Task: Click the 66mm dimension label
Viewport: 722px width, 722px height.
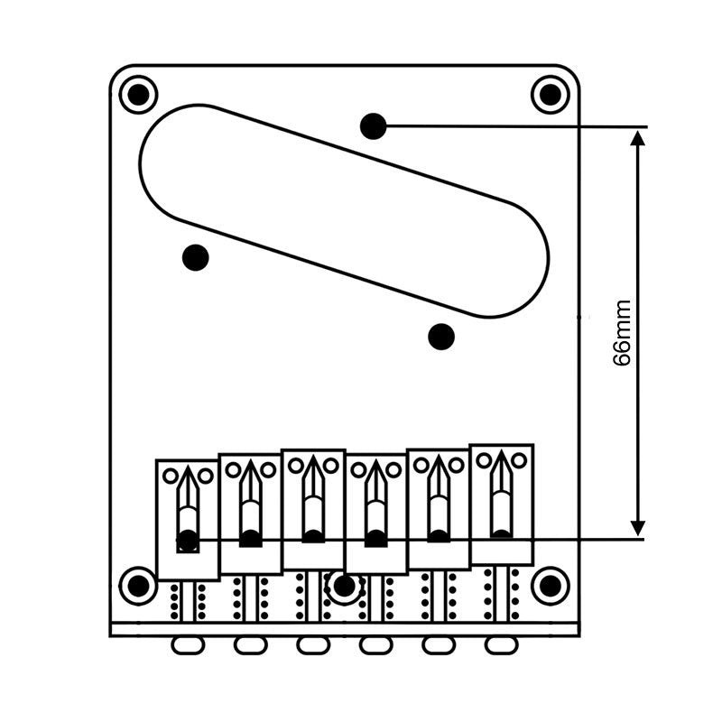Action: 623,333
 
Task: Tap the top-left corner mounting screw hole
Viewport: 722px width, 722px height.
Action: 138,94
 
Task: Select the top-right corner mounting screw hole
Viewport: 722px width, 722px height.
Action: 550,94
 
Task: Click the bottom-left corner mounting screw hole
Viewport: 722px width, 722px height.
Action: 138,586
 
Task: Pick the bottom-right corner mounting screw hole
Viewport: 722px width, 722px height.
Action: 550,586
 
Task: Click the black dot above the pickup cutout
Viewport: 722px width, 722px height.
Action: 373,126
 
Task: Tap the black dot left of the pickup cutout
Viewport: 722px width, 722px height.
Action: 195,258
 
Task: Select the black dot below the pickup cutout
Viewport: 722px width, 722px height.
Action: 440,337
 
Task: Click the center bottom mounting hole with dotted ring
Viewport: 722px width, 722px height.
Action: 344,587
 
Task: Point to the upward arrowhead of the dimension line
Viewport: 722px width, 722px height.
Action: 638,138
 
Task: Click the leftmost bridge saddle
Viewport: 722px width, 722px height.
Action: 188,519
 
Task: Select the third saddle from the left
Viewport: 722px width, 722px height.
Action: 313,510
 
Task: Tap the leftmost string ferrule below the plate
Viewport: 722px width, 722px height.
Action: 188,645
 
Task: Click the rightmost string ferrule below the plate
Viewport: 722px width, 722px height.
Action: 500,645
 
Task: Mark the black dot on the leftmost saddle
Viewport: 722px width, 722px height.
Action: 188,541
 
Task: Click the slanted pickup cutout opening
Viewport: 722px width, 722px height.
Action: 344,211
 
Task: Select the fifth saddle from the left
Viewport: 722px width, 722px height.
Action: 439,510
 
